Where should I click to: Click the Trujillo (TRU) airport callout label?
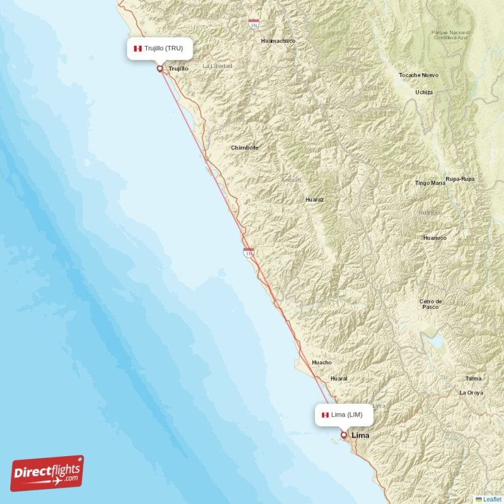point(159,48)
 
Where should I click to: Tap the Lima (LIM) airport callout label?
point(344,415)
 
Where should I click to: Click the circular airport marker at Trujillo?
point(159,69)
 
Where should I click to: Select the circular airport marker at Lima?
point(343,434)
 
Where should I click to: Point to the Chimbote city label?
point(244,148)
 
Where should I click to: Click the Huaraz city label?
point(314,199)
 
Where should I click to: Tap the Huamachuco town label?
point(278,41)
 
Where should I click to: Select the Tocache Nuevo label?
point(418,75)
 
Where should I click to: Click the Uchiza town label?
point(424,92)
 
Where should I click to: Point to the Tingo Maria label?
point(430,183)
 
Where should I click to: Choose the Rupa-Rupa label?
point(460,180)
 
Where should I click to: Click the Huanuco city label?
point(435,238)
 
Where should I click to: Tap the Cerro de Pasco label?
point(430,304)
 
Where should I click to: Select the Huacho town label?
point(321,362)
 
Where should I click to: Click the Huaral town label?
point(339,379)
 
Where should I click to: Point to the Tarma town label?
point(473,379)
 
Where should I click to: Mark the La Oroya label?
point(471,392)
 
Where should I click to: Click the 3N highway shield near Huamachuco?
point(253,25)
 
